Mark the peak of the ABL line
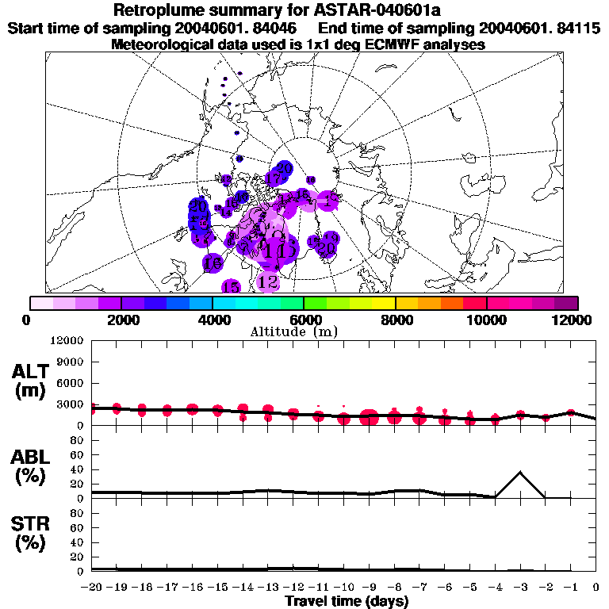point(520,472)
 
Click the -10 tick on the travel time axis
point(343,587)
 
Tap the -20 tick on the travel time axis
point(92,587)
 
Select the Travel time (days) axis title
point(347,601)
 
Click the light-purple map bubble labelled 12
point(268,282)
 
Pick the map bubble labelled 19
point(331,238)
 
